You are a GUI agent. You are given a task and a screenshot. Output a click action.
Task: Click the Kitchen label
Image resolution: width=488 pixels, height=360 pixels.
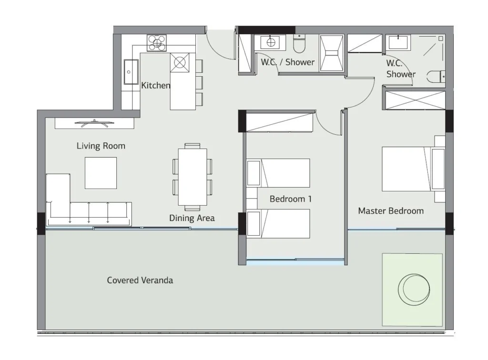(156, 85)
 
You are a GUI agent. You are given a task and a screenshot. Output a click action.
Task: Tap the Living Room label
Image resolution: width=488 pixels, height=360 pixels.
(101, 146)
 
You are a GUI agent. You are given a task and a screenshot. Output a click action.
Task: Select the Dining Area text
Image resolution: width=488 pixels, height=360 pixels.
(192, 218)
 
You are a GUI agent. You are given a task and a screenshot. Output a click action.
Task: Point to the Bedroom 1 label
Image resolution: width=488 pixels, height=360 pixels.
(290, 199)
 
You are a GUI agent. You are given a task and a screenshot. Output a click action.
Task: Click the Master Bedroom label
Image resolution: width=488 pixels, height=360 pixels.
(391, 211)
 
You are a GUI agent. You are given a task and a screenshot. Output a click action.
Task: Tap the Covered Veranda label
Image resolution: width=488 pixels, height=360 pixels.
(140, 280)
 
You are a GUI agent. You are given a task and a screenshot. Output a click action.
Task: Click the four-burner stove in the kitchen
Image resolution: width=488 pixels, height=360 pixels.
(156, 43)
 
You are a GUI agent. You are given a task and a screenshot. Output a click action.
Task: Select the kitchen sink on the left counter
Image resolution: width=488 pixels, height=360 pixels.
(131, 72)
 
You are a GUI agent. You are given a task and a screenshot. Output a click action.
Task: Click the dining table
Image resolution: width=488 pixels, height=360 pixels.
(193, 177)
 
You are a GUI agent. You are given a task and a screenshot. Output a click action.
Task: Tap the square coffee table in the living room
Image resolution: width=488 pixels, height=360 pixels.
(101, 173)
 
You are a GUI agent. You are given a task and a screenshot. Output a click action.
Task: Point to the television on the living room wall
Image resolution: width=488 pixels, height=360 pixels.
(95, 123)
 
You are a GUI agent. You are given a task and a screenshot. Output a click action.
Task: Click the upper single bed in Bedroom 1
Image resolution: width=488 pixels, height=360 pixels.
(278, 173)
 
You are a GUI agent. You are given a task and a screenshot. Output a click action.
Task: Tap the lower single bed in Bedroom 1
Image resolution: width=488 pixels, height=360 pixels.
(278, 223)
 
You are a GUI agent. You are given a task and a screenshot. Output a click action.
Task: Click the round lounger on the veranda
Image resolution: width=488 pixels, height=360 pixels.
(414, 290)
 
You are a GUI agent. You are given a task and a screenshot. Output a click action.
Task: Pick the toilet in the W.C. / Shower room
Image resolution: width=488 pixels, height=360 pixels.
(299, 44)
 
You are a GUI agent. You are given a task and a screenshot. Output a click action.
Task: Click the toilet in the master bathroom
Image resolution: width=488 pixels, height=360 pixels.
(436, 77)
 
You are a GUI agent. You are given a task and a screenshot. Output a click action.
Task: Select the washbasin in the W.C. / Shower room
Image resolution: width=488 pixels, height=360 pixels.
(271, 42)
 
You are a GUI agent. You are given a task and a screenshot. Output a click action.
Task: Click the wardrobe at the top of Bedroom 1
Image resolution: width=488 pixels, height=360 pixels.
(279, 122)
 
